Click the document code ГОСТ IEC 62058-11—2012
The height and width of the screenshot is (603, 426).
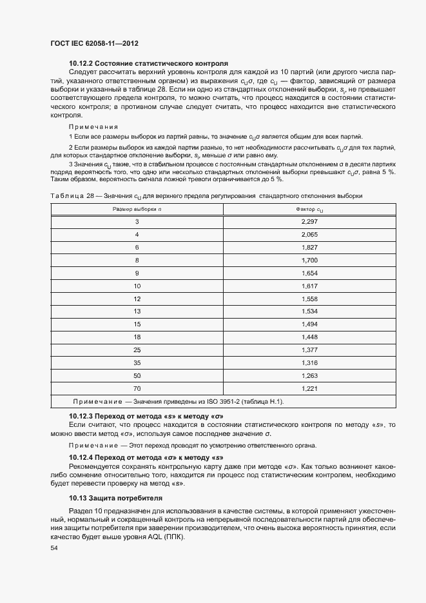[95, 44]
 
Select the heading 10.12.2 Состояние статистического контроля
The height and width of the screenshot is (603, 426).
[148, 64]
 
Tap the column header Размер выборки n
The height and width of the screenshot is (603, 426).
[137, 209]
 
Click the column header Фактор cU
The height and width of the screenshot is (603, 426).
[310, 209]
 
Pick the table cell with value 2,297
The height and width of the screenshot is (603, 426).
[310, 222]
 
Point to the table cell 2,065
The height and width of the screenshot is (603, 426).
[310, 235]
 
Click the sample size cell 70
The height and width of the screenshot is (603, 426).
[137, 389]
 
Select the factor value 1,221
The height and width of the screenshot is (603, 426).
[310, 389]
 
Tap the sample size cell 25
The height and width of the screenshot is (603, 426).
[137, 349]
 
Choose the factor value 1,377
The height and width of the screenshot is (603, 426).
[310, 349]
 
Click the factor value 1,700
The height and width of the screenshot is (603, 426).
[310, 260]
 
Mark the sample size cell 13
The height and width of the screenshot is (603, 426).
[137, 311]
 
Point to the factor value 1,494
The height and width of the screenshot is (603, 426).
[310, 324]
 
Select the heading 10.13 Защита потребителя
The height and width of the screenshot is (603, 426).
[115, 499]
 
